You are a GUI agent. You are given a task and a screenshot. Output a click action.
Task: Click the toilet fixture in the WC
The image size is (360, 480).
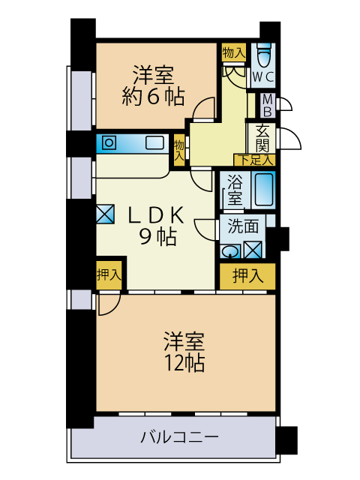pos(264,54)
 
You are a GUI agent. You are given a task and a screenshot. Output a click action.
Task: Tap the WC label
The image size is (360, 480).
pos(263,77)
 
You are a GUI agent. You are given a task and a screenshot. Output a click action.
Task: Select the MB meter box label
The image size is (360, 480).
pos(268,106)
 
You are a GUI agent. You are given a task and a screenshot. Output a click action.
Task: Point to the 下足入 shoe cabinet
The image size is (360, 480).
pos(255,160)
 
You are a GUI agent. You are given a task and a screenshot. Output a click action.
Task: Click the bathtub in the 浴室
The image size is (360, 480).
pos(263,190)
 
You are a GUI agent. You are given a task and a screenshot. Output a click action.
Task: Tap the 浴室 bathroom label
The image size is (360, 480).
pos(235,190)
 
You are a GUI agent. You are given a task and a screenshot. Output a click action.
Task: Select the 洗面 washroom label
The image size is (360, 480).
pos(243,226)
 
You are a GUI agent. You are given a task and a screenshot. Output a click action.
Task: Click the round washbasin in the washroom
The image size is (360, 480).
pos(230,252)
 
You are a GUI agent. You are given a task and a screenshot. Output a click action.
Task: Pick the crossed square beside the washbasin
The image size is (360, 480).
pos(253,250)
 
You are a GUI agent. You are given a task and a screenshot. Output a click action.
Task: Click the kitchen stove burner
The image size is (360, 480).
pos(109,142)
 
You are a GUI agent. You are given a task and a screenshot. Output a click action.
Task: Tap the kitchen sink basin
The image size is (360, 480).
pos(154,142)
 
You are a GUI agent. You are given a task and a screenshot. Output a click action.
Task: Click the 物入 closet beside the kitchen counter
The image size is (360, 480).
pos(179,150)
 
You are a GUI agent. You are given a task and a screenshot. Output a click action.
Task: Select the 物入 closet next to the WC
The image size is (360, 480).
pos(234,52)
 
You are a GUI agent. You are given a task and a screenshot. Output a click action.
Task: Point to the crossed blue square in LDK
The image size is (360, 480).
pos(105,214)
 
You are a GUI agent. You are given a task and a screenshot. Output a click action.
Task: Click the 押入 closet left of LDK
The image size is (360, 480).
pos(109,275)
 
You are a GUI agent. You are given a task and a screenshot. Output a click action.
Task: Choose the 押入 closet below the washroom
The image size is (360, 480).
pos(248,276)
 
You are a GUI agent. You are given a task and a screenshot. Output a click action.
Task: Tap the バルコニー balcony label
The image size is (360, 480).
pos(180,436)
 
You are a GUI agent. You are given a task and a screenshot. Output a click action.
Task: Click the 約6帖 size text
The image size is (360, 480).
pos(153,97)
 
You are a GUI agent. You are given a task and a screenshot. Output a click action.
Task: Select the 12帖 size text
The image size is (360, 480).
pos(184,363)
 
